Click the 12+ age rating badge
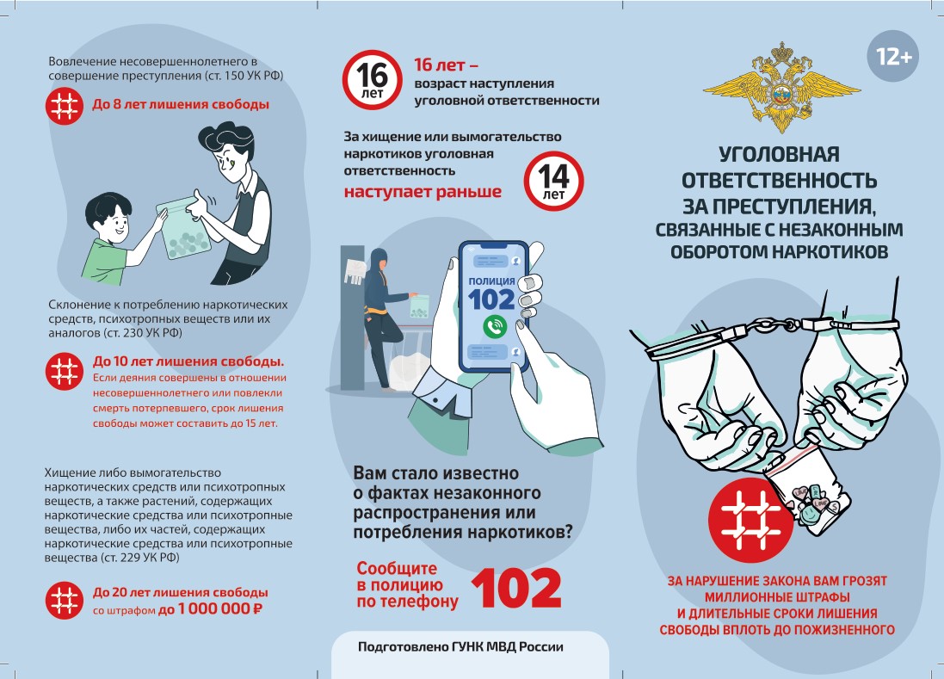(x=893, y=57)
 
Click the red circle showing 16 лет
(x=372, y=80)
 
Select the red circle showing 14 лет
(x=553, y=181)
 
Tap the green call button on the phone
(x=494, y=326)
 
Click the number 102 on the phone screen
(x=491, y=299)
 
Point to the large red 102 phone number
(x=516, y=588)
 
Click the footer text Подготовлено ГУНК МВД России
(x=460, y=646)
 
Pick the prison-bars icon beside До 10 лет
(x=65, y=372)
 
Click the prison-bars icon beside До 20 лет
(x=65, y=600)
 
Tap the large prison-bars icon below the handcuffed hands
(x=750, y=520)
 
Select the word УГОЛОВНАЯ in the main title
(x=779, y=154)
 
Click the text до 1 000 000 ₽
(x=210, y=609)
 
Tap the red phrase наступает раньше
(x=423, y=192)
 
